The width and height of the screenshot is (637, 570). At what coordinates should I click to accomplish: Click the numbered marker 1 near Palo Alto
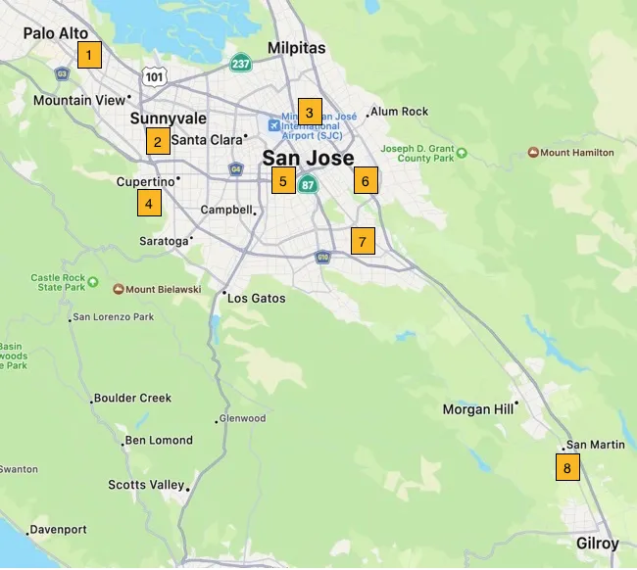point(89,55)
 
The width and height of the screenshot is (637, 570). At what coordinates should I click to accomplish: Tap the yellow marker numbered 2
point(157,141)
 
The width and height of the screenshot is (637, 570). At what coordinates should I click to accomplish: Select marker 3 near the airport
point(309,112)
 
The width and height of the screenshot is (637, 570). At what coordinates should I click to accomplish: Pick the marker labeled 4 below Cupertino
point(148,204)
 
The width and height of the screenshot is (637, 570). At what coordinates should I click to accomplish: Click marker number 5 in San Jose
point(282,181)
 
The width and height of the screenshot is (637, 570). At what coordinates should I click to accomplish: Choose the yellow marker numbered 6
point(365,181)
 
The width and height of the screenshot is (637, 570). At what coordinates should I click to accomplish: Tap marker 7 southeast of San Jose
point(363,241)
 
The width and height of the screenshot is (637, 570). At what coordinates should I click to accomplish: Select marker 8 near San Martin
point(566,468)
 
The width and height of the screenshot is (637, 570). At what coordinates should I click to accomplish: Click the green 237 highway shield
point(241,64)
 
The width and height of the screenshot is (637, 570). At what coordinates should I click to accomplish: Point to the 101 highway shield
point(153,76)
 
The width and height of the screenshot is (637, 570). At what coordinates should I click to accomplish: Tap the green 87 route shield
point(309,184)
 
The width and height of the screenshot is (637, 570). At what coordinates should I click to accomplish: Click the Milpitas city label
point(296,48)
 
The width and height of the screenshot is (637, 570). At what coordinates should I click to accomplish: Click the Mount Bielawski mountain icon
point(119,289)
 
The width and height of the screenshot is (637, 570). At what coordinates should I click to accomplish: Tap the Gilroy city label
point(597,544)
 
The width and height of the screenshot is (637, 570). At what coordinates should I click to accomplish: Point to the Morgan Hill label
point(477,409)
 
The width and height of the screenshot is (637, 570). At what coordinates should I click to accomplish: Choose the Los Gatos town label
point(256,298)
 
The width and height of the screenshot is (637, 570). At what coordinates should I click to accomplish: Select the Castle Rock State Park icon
point(93,282)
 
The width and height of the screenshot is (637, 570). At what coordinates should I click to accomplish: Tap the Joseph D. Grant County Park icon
point(462,153)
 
